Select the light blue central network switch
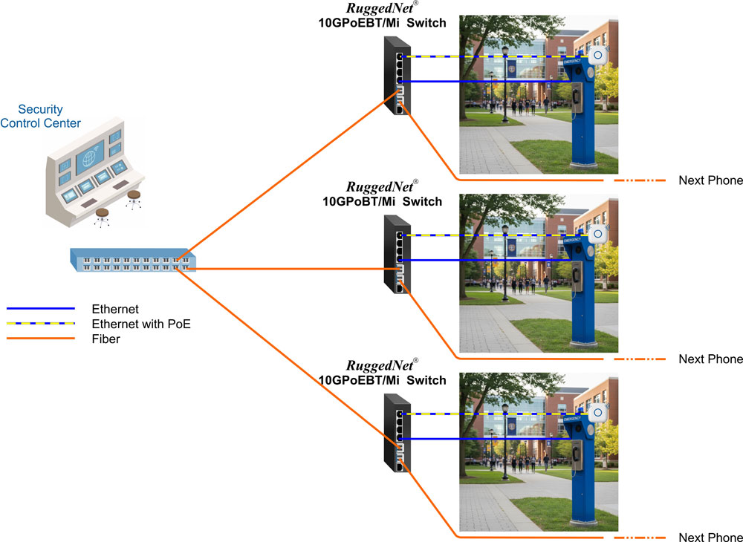132,261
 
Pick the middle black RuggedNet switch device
393,255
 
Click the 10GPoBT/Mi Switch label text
382,201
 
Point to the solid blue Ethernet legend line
41,308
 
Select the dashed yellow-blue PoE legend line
41,324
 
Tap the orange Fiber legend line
41,339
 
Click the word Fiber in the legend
106,339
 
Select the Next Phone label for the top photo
710,181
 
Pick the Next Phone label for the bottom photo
710,538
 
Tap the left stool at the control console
102,215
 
